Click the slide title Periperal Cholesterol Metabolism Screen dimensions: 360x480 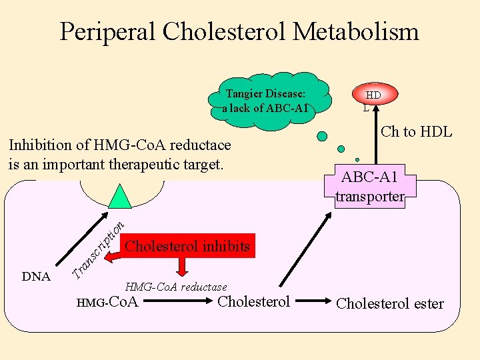pos(239,31)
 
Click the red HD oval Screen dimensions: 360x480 pos(373,95)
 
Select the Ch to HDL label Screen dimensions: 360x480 pos(416,132)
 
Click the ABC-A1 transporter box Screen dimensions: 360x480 pos(369,187)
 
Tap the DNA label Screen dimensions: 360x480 pos(36,277)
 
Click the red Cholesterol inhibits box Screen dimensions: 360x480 pos(187,246)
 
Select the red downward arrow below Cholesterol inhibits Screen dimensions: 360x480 pos(181,267)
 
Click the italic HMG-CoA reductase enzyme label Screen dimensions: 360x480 pos(176,287)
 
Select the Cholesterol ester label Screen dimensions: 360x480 pos(389,304)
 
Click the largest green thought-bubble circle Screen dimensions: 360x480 pos(322,137)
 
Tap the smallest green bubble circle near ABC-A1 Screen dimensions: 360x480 pos(357,159)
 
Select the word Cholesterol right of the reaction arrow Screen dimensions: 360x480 pos(254,302)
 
